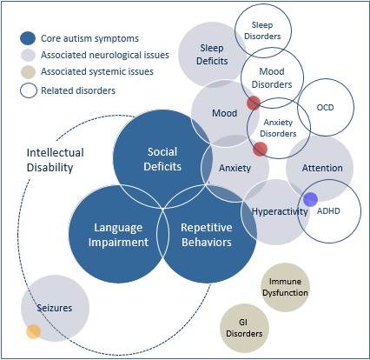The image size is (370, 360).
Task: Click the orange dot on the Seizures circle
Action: click(x=33, y=331)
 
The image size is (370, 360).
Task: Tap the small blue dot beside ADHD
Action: click(x=310, y=200)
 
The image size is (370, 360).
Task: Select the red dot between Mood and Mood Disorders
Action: click(x=253, y=103)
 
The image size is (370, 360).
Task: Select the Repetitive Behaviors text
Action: click(x=206, y=234)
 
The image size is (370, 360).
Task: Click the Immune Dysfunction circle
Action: click(x=286, y=288)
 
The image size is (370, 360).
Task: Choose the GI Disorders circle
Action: click(x=244, y=328)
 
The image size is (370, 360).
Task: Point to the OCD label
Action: click(x=326, y=108)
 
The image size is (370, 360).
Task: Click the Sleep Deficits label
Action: click(x=212, y=54)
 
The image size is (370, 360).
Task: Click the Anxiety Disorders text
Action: click(x=279, y=128)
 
